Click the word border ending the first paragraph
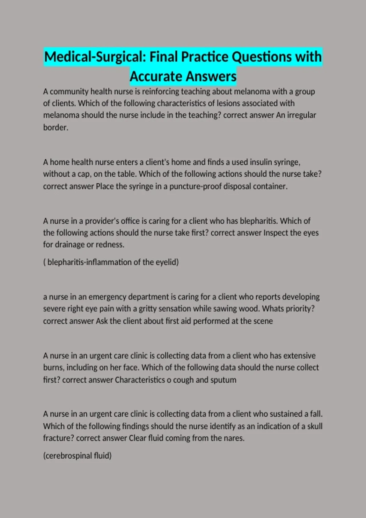tap(55, 127)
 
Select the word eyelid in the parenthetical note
tap(167, 262)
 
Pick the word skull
tap(314, 426)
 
